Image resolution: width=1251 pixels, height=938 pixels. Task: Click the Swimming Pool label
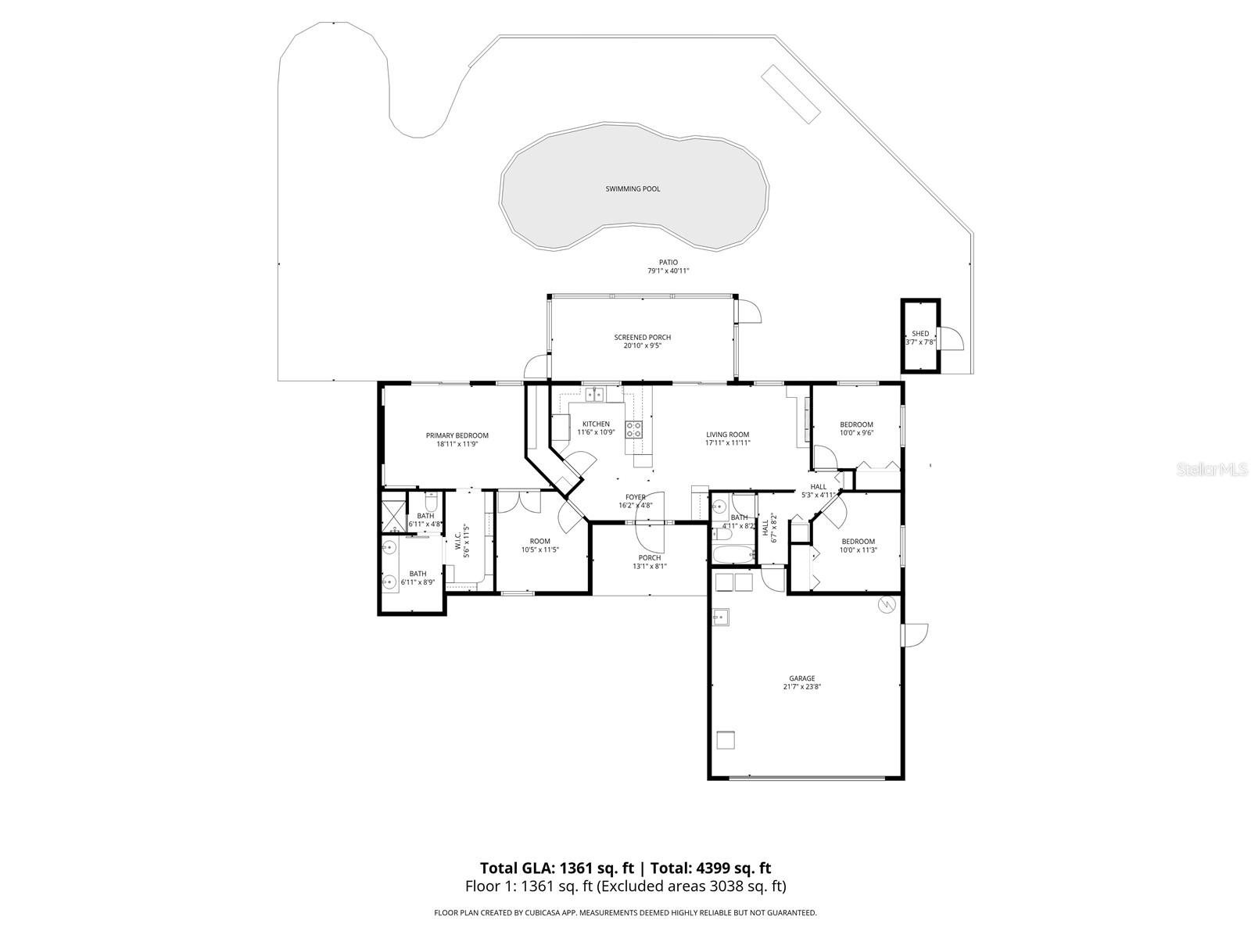click(x=633, y=189)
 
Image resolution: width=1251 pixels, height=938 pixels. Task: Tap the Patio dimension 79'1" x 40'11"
click(x=668, y=271)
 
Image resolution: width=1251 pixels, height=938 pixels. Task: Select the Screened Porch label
click(x=642, y=338)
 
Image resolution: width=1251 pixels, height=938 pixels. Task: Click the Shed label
click(x=920, y=334)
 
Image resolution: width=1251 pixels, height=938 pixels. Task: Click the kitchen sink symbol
click(x=595, y=394)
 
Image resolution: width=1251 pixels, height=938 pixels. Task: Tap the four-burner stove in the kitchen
click(x=633, y=429)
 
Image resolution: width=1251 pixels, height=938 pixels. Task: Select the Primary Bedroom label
click(x=457, y=435)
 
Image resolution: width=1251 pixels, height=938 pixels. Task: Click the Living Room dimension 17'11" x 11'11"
click(x=727, y=442)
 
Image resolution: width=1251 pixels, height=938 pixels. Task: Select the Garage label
click(x=801, y=678)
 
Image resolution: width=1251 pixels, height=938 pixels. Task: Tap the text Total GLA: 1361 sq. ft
click(x=557, y=868)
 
